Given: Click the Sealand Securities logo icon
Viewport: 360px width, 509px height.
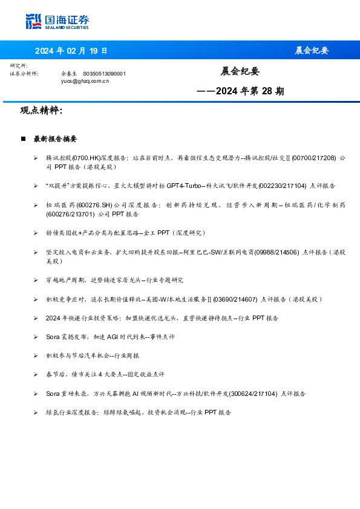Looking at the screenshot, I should (x=34, y=21).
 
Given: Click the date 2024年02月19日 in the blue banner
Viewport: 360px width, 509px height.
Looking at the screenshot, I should (x=71, y=50).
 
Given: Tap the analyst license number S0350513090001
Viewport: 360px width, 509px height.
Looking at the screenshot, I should (x=104, y=73).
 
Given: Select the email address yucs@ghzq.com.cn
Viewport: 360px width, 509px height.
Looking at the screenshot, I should (x=85, y=80).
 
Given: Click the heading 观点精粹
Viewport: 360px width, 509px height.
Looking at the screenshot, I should (x=41, y=111).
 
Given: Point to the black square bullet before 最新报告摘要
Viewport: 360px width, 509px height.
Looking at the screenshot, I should (x=23, y=139).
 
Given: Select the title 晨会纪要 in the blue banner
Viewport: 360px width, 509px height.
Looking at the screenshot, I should (x=312, y=50).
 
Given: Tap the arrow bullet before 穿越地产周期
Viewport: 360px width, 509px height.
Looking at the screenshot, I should (x=36, y=280).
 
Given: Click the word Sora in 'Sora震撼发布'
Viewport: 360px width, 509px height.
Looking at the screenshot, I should (x=53, y=337).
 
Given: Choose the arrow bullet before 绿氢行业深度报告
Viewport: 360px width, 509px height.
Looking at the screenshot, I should (x=36, y=412).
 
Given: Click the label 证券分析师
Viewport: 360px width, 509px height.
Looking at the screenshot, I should (x=24, y=73).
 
